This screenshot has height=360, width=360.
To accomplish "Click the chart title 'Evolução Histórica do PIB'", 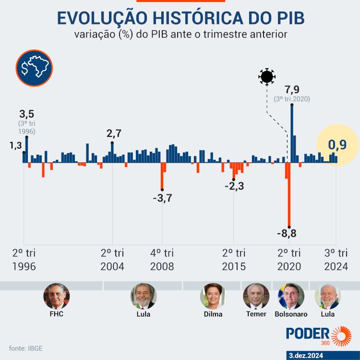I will (x=180, y=18).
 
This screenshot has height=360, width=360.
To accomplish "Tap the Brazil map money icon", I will (x=34, y=68).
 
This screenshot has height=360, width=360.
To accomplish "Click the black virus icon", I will (x=266, y=77).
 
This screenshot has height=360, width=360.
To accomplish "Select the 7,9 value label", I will (x=292, y=90).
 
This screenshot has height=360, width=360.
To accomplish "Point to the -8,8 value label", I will (x=287, y=234).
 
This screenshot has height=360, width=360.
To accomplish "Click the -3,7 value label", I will (x=162, y=198).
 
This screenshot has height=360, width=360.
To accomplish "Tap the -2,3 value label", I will (x=234, y=186).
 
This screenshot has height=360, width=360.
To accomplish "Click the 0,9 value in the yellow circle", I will (x=336, y=145).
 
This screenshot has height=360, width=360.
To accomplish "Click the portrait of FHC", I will (x=56, y=296).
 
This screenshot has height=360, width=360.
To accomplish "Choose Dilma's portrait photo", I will (x=213, y=296).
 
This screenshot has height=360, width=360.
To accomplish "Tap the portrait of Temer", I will (x=256, y=296).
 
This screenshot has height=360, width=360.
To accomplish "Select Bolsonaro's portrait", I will (x=291, y=296).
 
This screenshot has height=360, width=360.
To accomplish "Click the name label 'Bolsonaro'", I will (x=291, y=314).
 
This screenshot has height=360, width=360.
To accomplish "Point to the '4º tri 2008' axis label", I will (x=162, y=260).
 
